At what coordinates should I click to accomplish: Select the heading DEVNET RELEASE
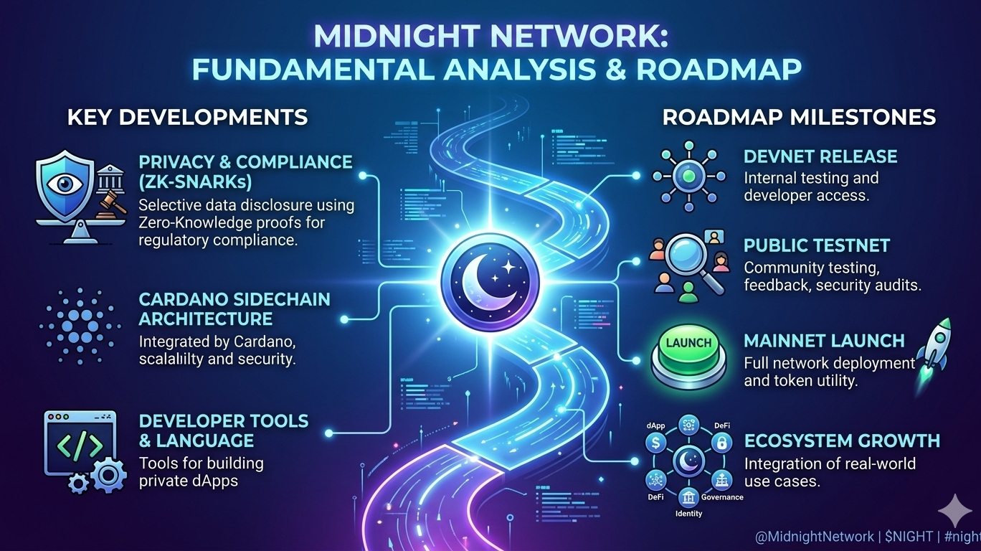[820, 156]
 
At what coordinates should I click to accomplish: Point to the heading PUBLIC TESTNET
[817, 245]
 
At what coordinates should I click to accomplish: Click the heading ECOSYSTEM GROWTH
[842, 440]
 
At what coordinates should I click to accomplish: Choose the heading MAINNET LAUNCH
[824, 340]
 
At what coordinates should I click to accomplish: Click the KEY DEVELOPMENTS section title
[187, 117]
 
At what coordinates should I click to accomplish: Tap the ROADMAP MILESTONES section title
[799, 117]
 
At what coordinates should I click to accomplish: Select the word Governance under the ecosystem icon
[721, 497]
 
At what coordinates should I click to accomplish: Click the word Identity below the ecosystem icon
[689, 514]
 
